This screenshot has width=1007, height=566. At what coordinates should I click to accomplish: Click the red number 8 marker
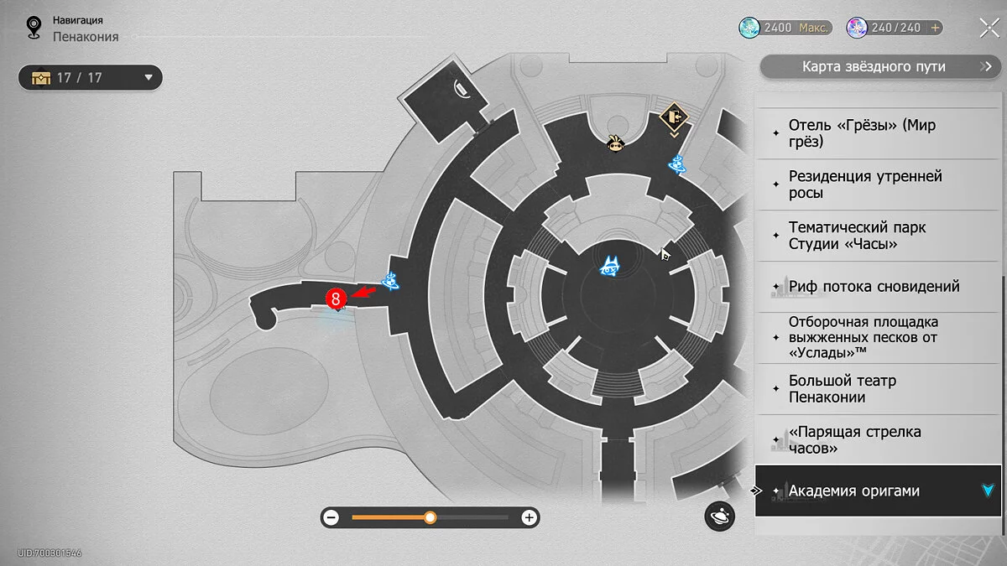(x=336, y=298)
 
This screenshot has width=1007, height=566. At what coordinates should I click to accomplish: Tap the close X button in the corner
(x=988, y=28)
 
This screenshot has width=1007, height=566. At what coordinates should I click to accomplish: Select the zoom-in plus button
(x=530, y=517)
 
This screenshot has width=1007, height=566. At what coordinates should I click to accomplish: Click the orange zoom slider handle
(x=430, y=517)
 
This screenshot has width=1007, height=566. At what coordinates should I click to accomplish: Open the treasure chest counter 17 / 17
(x=90, y=78)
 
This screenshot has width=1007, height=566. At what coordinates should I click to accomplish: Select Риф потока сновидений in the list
(x=874, y=287)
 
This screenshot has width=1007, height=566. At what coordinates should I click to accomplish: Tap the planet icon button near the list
(x=719, y=517)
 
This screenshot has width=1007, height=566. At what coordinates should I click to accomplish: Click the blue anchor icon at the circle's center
(x=610, y=267)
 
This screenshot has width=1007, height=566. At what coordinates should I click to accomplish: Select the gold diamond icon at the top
(x=674, y=118)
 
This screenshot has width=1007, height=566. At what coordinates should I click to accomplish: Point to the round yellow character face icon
(x=617, y=145)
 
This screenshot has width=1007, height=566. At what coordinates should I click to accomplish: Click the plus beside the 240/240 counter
(x=934, y=28)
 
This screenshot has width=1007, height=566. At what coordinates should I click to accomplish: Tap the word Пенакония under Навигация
(x=86, y=37)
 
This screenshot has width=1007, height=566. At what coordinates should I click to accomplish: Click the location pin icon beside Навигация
(x=34, y=28)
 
